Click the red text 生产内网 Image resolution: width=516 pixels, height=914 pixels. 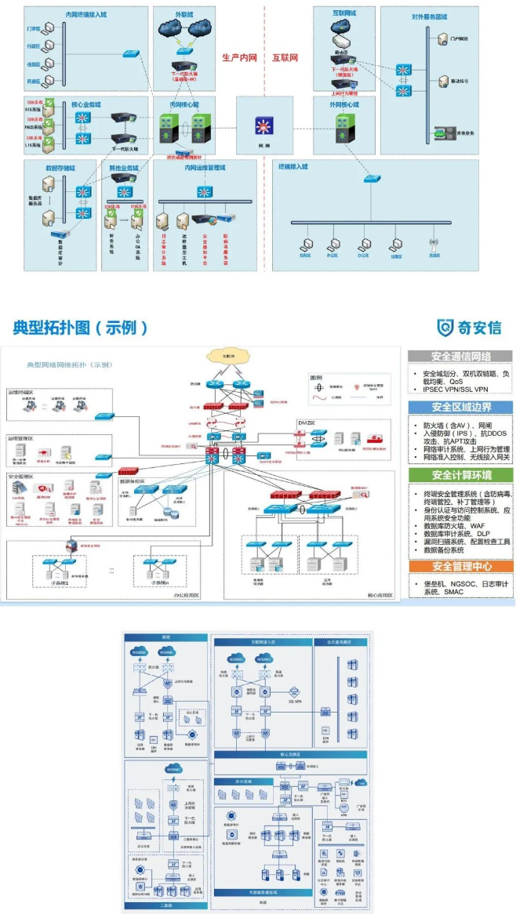239,58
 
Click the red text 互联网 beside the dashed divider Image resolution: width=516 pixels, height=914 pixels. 285,58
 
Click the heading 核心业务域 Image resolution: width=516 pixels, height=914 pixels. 85,104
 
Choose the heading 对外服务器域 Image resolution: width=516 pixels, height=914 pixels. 429,16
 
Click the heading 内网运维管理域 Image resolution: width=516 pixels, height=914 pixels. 205,167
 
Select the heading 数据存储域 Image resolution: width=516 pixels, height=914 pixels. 60,167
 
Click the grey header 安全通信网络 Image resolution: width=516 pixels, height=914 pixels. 460,357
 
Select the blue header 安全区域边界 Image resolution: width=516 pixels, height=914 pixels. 460,407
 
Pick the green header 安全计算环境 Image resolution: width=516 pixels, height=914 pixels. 460,475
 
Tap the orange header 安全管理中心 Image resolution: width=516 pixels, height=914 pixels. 460,566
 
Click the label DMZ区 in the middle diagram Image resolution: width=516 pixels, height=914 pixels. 306,423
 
